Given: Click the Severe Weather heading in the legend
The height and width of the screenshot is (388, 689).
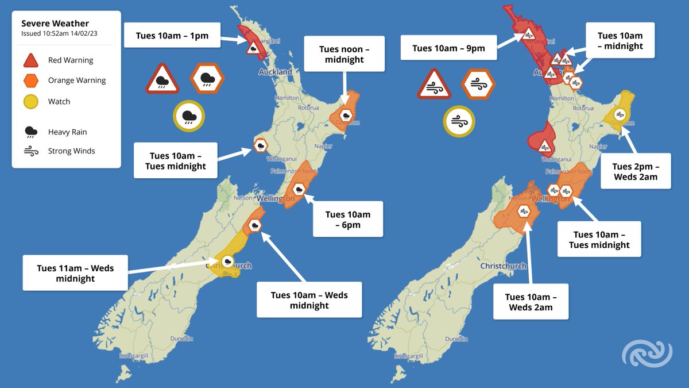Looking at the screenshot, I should pyautogui.click(x=55, y=24).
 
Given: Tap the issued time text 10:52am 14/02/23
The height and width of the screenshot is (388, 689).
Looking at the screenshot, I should pyautogui.click(x=60, y=33).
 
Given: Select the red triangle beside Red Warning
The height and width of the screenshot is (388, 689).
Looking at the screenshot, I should pyautogui.click(x=31, y=60).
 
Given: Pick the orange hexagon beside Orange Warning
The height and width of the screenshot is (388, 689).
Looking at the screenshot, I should pyautogui.click(x=31, y=80).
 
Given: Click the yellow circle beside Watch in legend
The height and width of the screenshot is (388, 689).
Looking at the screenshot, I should pyautogui.click(x=31, y=102).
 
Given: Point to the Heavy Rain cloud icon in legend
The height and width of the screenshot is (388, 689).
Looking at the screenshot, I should pyautogui.click(x=31, y=132).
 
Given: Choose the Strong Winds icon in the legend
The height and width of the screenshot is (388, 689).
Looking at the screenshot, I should pyautogui.click(x=31, y=151).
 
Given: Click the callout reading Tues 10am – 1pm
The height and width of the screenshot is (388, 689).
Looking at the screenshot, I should pyautogui.click(x=172, y=36).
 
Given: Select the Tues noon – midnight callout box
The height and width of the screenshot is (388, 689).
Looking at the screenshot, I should pyautogui.click(x=344, y=55).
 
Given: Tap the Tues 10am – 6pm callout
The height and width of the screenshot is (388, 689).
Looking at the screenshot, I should pyautogui.click(x=347, y=220).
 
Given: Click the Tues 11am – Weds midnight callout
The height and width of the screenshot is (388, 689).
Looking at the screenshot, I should pyautogui.click(x=75, y=273).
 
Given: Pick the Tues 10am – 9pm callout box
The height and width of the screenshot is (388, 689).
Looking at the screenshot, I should pyautogui.click(x=448, y=48).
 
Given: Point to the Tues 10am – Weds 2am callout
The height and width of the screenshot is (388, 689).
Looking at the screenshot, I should pyautogui.click(x=531, y=302).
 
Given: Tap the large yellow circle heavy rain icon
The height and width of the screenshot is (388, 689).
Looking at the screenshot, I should pyautogui.click(x=189, y=117).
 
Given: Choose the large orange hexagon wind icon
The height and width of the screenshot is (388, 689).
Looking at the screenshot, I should pyautogui.click(x=478, y=83).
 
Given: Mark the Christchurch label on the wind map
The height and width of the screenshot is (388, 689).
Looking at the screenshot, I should pyautogui.click(x=503, y=266).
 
